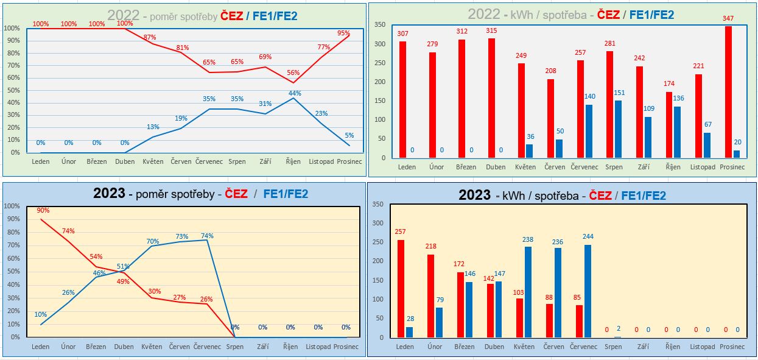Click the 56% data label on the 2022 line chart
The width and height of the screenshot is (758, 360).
pos(294,72)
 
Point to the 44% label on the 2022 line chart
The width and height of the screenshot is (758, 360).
pos(295,93)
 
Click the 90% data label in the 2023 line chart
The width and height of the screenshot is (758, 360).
pos(43,210)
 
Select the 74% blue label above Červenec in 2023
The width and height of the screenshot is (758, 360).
pos(207,236)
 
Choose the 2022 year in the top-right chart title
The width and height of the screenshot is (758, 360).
pos(485,15)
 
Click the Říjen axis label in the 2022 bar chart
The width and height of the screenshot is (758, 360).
pos(673,167)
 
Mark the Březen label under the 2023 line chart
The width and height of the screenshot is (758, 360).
pos(96,347)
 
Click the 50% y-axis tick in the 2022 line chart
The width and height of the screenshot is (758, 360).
pos(12,90)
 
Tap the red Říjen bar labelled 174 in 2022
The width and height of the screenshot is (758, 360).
pos(669,125)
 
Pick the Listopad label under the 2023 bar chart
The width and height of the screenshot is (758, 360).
pos(703,347)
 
